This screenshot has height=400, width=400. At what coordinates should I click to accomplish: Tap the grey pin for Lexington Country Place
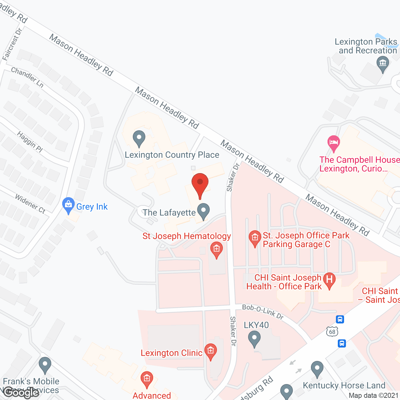(x=139, y=138)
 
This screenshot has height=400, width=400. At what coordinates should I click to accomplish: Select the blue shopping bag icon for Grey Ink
(x=68, y=205)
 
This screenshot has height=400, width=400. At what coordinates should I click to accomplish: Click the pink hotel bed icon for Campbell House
(x=334, y=143)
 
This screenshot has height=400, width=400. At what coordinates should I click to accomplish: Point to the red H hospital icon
(x=329, y=279)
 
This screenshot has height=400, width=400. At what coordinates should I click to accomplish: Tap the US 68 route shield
(x=332, y=332)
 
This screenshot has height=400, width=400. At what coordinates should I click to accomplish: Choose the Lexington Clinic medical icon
(x=210, y=351)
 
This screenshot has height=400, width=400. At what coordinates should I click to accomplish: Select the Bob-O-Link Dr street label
(x=263, y=312)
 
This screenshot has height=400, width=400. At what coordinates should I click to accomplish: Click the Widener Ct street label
(x=30, y=204)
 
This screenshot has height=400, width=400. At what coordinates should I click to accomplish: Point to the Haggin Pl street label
(x=30, y=142)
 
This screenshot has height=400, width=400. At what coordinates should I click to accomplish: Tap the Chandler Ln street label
(x=27, y=77)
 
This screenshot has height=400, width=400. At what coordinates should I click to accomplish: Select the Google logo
(x=21, y=392)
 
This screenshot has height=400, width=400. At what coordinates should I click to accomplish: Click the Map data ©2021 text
(x=373, y=395)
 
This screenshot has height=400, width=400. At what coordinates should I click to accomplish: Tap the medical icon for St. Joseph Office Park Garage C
(x=255, y=238)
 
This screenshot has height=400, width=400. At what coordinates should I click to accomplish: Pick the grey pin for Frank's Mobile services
(x=45, y=365)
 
